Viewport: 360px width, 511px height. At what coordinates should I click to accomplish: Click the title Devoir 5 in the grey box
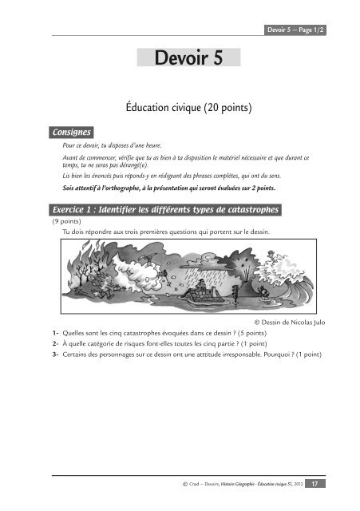(179, 59)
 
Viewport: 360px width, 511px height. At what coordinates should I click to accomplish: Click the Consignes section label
(70, 131)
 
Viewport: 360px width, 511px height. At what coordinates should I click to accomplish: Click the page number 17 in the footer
(315, 483)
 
